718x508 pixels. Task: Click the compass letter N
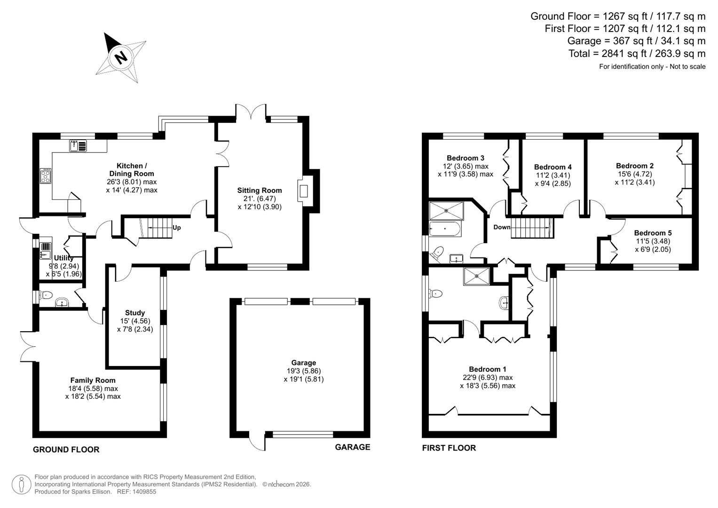pos(121,57)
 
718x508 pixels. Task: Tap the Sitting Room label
pos(259,190)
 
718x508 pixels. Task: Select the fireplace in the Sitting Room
pos(304,191)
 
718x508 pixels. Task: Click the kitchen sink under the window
pos(78,146)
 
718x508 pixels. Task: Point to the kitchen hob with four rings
pos(46,176)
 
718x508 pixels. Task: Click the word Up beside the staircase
pos(177,228)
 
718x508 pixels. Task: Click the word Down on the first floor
pos(502,227)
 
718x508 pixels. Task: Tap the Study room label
pos(135,313)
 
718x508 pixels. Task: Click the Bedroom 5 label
pos(653,233)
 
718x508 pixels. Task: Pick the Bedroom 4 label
pos(552,167)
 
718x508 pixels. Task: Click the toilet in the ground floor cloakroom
pos(46,295)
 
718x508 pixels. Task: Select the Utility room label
pos(64,258)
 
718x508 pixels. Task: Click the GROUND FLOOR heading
pos(66,450)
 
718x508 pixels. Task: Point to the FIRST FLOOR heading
pos(449,448)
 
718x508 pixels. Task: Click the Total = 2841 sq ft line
pos(637,54)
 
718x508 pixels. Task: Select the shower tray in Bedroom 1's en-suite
pos(477,276)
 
